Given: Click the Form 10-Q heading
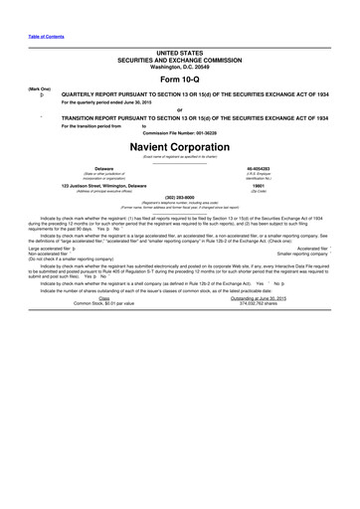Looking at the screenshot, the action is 179,79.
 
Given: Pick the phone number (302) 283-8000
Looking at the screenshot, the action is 179,196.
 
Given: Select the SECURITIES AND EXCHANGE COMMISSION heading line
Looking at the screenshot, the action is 179,58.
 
